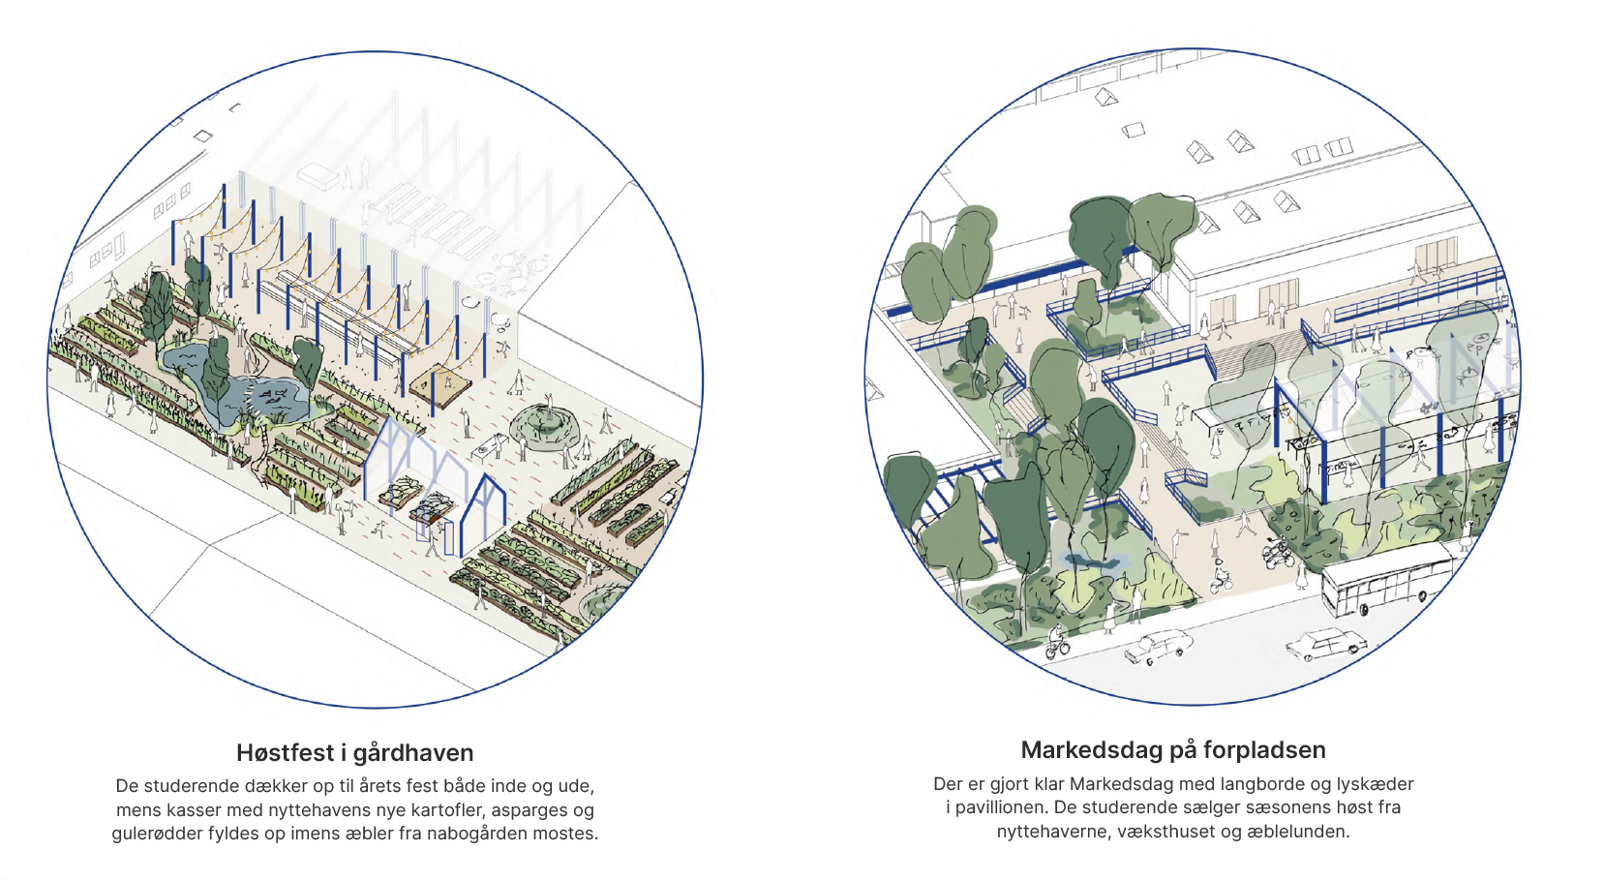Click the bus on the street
(1388, 580)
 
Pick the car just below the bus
(1326, 644)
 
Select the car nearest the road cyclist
(1159, 646)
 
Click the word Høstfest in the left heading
(285, 752)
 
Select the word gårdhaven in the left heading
(413, 752)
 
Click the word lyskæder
(1375, 783)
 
